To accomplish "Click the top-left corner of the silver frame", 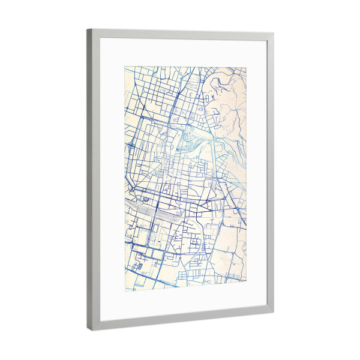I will tap(88, 29).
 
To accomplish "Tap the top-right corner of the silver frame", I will tap(274, 35).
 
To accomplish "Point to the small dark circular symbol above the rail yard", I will tap(144, 197).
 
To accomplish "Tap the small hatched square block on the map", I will tap(140, 262).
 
